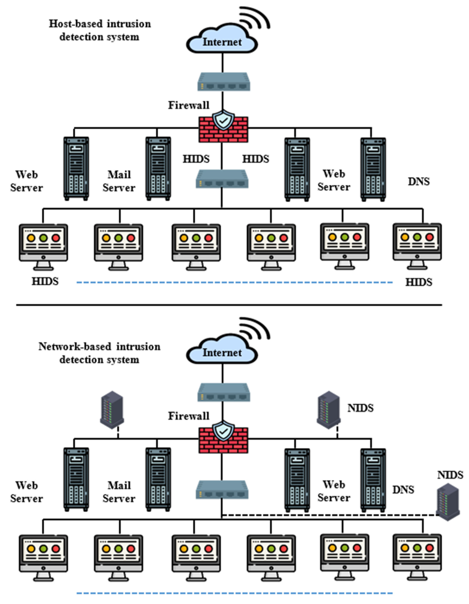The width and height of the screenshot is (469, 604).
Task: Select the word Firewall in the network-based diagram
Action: (x=189, y=416)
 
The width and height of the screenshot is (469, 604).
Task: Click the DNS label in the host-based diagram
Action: (x=418, y=181)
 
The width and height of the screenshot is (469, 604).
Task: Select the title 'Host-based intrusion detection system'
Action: (x=100, y=30)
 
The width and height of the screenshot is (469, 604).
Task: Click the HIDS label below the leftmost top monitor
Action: (x=45, y=281)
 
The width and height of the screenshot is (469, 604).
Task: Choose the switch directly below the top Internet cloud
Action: (x=224, y=82)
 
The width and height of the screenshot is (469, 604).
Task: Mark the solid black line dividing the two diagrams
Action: (x=229, y=305)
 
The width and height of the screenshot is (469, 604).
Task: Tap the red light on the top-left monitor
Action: (x=56, y=238)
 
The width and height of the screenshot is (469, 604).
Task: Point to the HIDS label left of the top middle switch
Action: (x=196, y=159)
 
